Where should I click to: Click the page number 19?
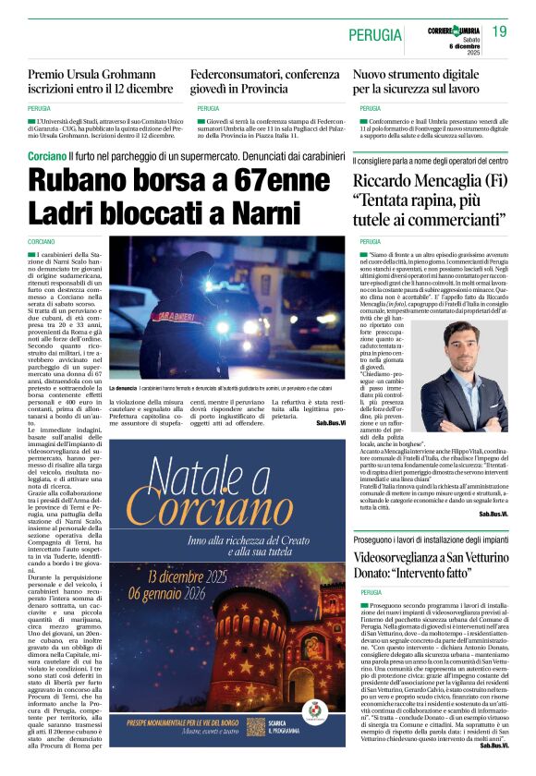point(499,32)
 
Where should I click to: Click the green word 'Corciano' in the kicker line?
point(46,158)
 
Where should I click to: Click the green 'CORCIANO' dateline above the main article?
point(42,242)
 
